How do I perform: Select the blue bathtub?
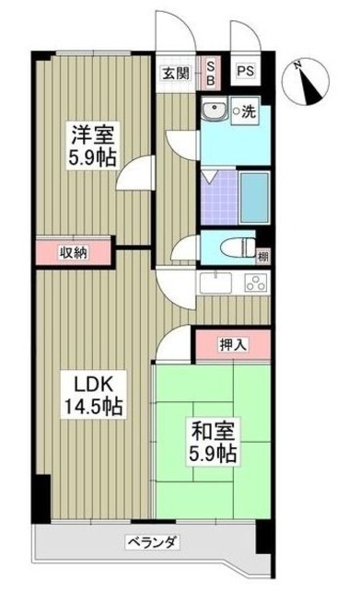coord(253,194)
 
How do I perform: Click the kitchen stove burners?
coord(254,283)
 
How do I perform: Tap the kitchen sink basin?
coord(216,283)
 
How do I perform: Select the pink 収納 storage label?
coord(74,251)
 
